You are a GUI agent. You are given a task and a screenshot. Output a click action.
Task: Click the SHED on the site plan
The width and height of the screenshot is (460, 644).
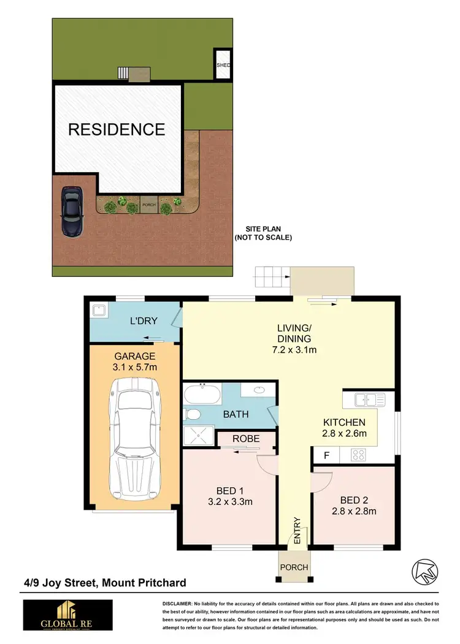click(x=222, y=64)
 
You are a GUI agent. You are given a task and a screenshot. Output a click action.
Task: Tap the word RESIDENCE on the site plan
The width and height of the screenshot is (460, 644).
click(x=117, y=129)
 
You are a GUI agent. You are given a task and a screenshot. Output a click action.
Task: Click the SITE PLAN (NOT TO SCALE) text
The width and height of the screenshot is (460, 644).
click(x=263, y=233)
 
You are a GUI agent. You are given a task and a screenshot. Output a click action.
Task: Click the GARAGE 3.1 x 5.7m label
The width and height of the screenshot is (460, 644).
click(x=134, y=362)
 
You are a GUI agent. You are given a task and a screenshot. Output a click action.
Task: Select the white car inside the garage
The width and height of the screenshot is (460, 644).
click(x=134, y=437)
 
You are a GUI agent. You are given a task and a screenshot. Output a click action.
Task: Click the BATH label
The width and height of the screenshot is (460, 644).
click(x=236, y=414)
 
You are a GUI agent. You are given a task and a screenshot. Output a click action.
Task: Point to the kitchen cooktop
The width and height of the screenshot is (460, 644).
click(x=358, y=455)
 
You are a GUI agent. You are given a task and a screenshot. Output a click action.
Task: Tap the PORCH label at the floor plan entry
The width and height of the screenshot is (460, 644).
click(x=294, y=567)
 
